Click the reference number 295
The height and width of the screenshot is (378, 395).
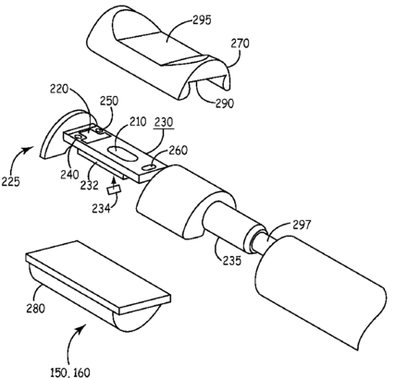[x=203, y=20]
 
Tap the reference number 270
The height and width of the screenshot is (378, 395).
[x=240, y=43]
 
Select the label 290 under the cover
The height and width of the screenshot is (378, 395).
[x=225, y=104]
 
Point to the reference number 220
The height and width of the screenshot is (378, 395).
[x=59, y=89]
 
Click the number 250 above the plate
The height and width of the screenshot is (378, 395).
[x=109, y=101]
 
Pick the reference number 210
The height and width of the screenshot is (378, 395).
[x=137, y=122]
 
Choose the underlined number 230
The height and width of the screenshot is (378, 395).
[x=164, y=122]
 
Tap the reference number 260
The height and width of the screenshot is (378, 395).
[x=179, y=151]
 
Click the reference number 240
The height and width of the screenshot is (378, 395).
[x=69, y=175]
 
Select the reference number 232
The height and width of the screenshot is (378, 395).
[x=90, y=185]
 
